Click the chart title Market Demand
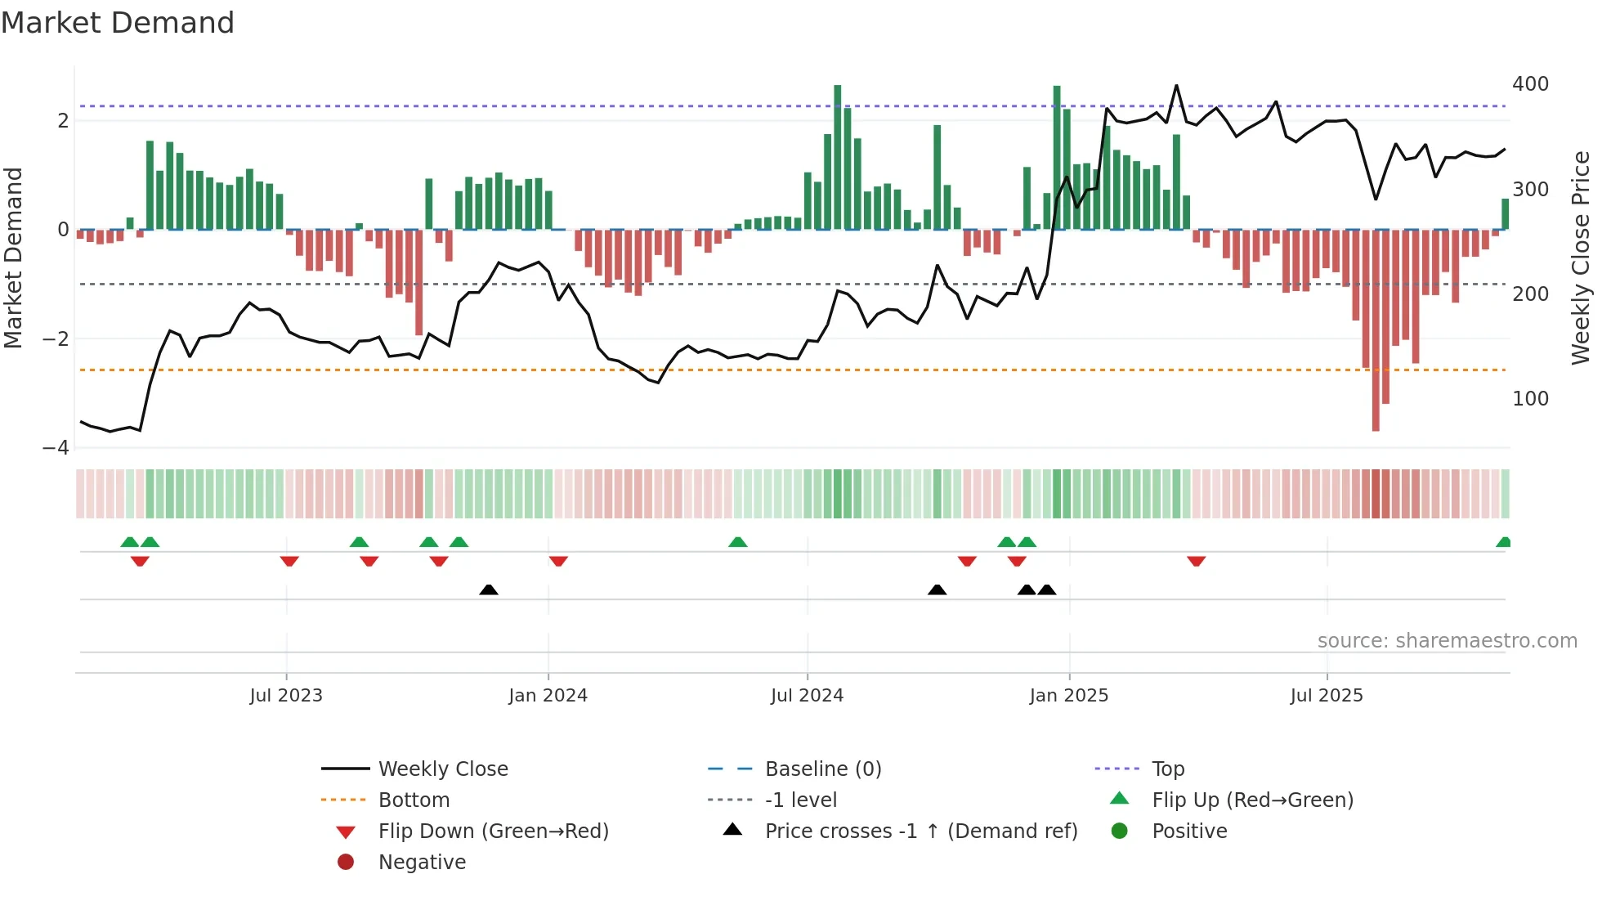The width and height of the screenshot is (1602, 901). pyautogui.click(x=118, y=23)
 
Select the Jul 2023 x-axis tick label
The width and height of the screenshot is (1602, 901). pyautogui.click(x=286, y=696)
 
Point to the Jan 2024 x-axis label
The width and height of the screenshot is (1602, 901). pyautogui.click(x=548, y=696)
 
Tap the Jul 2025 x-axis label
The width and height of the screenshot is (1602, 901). pyautogui.click(x=1327, y=696)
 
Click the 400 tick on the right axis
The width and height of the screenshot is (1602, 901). pyautogui.click(x=1530, y=84)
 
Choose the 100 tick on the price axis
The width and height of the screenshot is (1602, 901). pyautogui.click(x=1530, y=399)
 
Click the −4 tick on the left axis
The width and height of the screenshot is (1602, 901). pyautogui.click(x=56, y=448)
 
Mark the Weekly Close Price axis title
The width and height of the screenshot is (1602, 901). pyautogui.click(x=1581, y=258)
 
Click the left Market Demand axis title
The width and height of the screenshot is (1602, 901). pyautogui.click(x=14, y=258)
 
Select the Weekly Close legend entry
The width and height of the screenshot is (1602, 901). pyautogui.click(x=442, y=769)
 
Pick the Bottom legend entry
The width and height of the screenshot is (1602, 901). pyautogui.click(x=414, y=800)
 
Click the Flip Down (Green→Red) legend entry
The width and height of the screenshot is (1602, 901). pyautogui.click(x=493, y=832)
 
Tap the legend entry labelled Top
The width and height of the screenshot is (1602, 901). pyautogui.click(x=1168, y=769)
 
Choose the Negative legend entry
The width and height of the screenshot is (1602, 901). pyautogui.click(x=422, y=863)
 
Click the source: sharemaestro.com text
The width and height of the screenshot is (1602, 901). pyautogui.click(x=1447, y=641)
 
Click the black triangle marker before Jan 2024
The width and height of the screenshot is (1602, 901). pyautogui.click(x=489, y=589)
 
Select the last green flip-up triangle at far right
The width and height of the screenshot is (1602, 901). pyautogui.click(x=1503, y=542)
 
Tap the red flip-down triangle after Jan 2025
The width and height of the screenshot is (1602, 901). pyautogui.click(x=1197, y=561)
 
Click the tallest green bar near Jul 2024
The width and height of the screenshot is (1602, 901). pyautogui.click(x=838, y=155)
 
